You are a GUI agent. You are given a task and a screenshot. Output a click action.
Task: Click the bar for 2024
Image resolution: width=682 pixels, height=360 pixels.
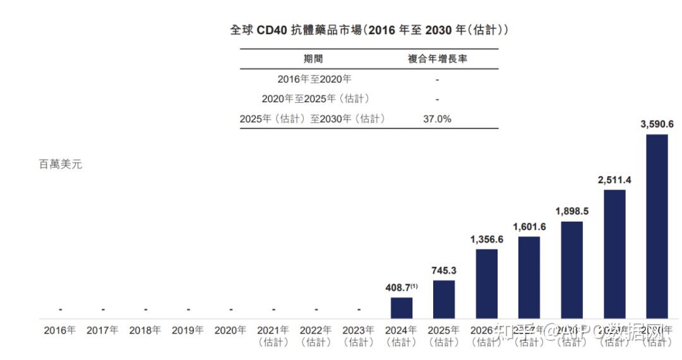coord(401,308)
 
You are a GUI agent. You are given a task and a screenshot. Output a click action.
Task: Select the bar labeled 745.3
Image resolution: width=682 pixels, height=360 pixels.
coord(444,299)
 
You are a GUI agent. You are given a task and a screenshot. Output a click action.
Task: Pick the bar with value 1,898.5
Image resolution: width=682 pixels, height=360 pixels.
coord(571,270)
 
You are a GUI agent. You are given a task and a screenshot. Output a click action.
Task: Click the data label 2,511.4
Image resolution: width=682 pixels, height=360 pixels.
coord(614,180)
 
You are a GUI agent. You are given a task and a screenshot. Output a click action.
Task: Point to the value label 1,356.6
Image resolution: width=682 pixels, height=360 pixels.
coord(486,239)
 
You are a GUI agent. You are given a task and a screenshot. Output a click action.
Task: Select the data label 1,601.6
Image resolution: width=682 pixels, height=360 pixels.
coord(529,227)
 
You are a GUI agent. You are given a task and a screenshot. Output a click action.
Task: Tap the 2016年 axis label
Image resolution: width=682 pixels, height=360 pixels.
coord(59,330)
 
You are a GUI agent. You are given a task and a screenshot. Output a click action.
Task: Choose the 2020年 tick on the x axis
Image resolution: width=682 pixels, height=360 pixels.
coord(230,330)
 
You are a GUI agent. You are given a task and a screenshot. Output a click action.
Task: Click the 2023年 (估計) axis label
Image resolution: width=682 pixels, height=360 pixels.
coord(358,336)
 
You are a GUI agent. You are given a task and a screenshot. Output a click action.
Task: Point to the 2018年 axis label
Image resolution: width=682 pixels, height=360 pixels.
coord(145,330)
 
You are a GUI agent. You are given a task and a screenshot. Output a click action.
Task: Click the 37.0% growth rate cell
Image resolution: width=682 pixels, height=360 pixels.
coord(437,119)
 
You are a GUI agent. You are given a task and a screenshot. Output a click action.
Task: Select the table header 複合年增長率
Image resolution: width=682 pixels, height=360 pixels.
coord(441,59)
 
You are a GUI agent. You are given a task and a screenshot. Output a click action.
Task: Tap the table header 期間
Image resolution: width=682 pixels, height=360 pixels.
coord(313,59)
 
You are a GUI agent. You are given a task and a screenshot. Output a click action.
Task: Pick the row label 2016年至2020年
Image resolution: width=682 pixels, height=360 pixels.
coord(314,80)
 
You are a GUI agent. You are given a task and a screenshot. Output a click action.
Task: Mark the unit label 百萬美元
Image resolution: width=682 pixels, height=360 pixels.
coord(61,164)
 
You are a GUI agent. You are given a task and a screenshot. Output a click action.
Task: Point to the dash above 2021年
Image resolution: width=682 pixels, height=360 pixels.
coord(273,309)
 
